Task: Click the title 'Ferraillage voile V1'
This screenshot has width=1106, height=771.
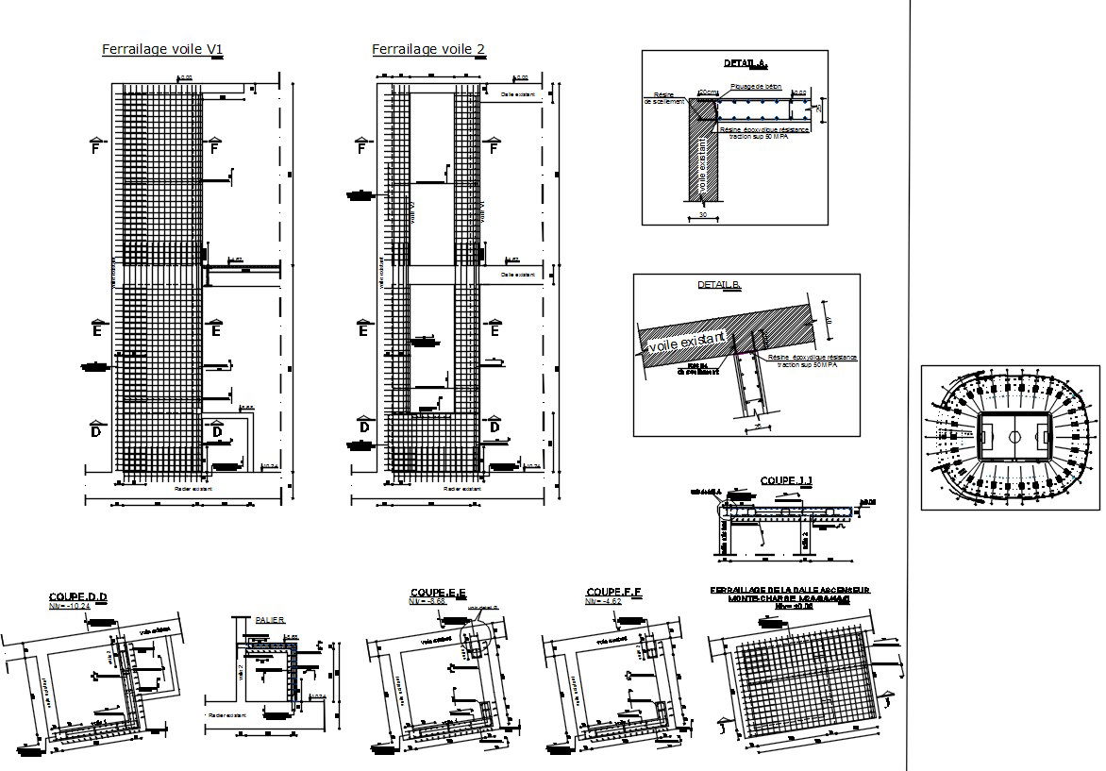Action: tap(162, 50)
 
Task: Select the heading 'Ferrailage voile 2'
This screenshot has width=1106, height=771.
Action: tap(428, 49)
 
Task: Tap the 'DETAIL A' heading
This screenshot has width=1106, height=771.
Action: tap(746, 64)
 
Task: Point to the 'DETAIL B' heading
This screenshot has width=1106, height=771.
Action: tap(719, 285)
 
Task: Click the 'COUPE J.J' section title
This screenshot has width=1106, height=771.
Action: tap(786, 481)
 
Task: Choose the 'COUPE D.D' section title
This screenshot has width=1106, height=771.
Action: tap(78, 596)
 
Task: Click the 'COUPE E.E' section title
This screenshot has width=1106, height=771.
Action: tap(440, 592)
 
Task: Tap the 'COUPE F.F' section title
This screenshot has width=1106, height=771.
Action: tap(613, 592)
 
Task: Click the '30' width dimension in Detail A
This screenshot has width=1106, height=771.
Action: tap(702, 214)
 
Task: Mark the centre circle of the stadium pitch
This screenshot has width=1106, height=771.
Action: tap(1014, 437)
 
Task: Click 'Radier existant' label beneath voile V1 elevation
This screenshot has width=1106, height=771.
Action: tap(194, 489)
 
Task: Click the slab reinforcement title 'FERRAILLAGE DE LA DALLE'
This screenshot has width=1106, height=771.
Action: tap(790, 590)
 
